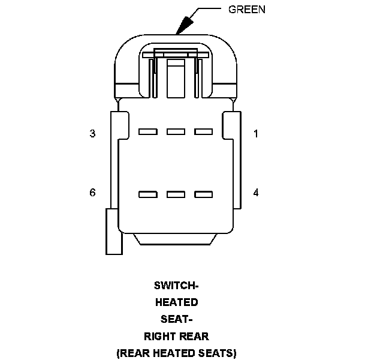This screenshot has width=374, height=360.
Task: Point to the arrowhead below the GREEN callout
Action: [x=183, y=24]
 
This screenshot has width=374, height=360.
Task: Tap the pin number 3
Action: [x=92, y=134]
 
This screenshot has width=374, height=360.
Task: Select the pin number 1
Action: [x=256, y=134]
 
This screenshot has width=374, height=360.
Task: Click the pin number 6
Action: [x=92, y=193]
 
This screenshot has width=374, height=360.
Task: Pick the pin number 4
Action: [x=256, y=193]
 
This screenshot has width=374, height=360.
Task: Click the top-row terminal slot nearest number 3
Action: [x=147, y=131]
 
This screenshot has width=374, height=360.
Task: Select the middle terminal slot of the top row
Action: [x=176, y=131]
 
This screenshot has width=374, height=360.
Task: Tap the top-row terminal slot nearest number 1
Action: [x=204, y=131]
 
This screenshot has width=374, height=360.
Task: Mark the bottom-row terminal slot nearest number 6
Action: [x=147, y=194]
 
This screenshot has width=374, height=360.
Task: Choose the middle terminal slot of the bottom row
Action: [x=176, y=194]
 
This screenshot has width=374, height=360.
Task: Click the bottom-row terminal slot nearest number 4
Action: [x=204, y=194]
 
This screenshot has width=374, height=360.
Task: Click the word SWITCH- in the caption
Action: [x=176, y=286]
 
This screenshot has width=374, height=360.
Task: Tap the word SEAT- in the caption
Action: [x=176, y=319]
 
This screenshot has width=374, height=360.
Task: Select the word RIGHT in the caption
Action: [x=159, y=336]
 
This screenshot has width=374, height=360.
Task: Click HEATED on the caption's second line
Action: [x=176, y=302]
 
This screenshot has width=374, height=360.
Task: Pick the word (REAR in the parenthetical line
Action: [x=131, y=352]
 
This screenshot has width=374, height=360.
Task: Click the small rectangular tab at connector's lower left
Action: [x=113, y=231]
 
